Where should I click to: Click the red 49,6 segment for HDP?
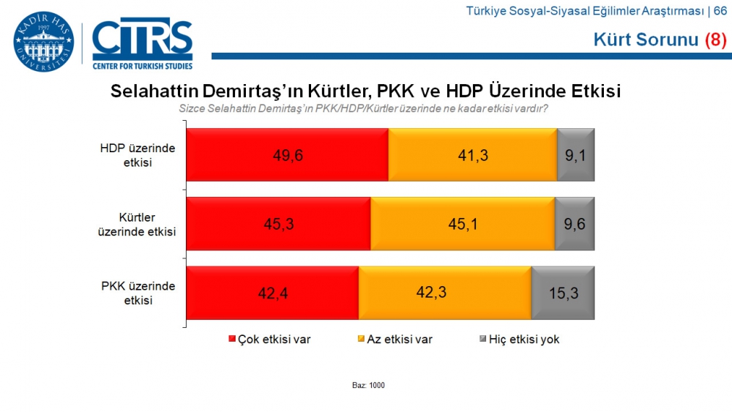coord(287,154)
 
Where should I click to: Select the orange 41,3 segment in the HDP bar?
coord(472,154)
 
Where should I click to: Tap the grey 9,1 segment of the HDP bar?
coord(575,154)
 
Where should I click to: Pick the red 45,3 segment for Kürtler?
coord(278,223)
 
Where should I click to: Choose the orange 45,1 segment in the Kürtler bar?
coord(463,223)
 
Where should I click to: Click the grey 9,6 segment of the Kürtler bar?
coord(575,223)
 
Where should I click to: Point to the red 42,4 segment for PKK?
coord(272,293)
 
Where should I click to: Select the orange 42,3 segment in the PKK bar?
coord(445,293)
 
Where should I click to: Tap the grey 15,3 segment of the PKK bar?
coord(563,293)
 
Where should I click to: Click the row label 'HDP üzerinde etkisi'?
coord(138,154)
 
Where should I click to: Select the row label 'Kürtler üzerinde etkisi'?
coord(138,224)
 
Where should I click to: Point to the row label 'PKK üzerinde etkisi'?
coord(138,293)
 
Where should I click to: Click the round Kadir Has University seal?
coord(43,42)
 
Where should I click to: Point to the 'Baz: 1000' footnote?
coord(368,386)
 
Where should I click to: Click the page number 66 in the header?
coord(720,10)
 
